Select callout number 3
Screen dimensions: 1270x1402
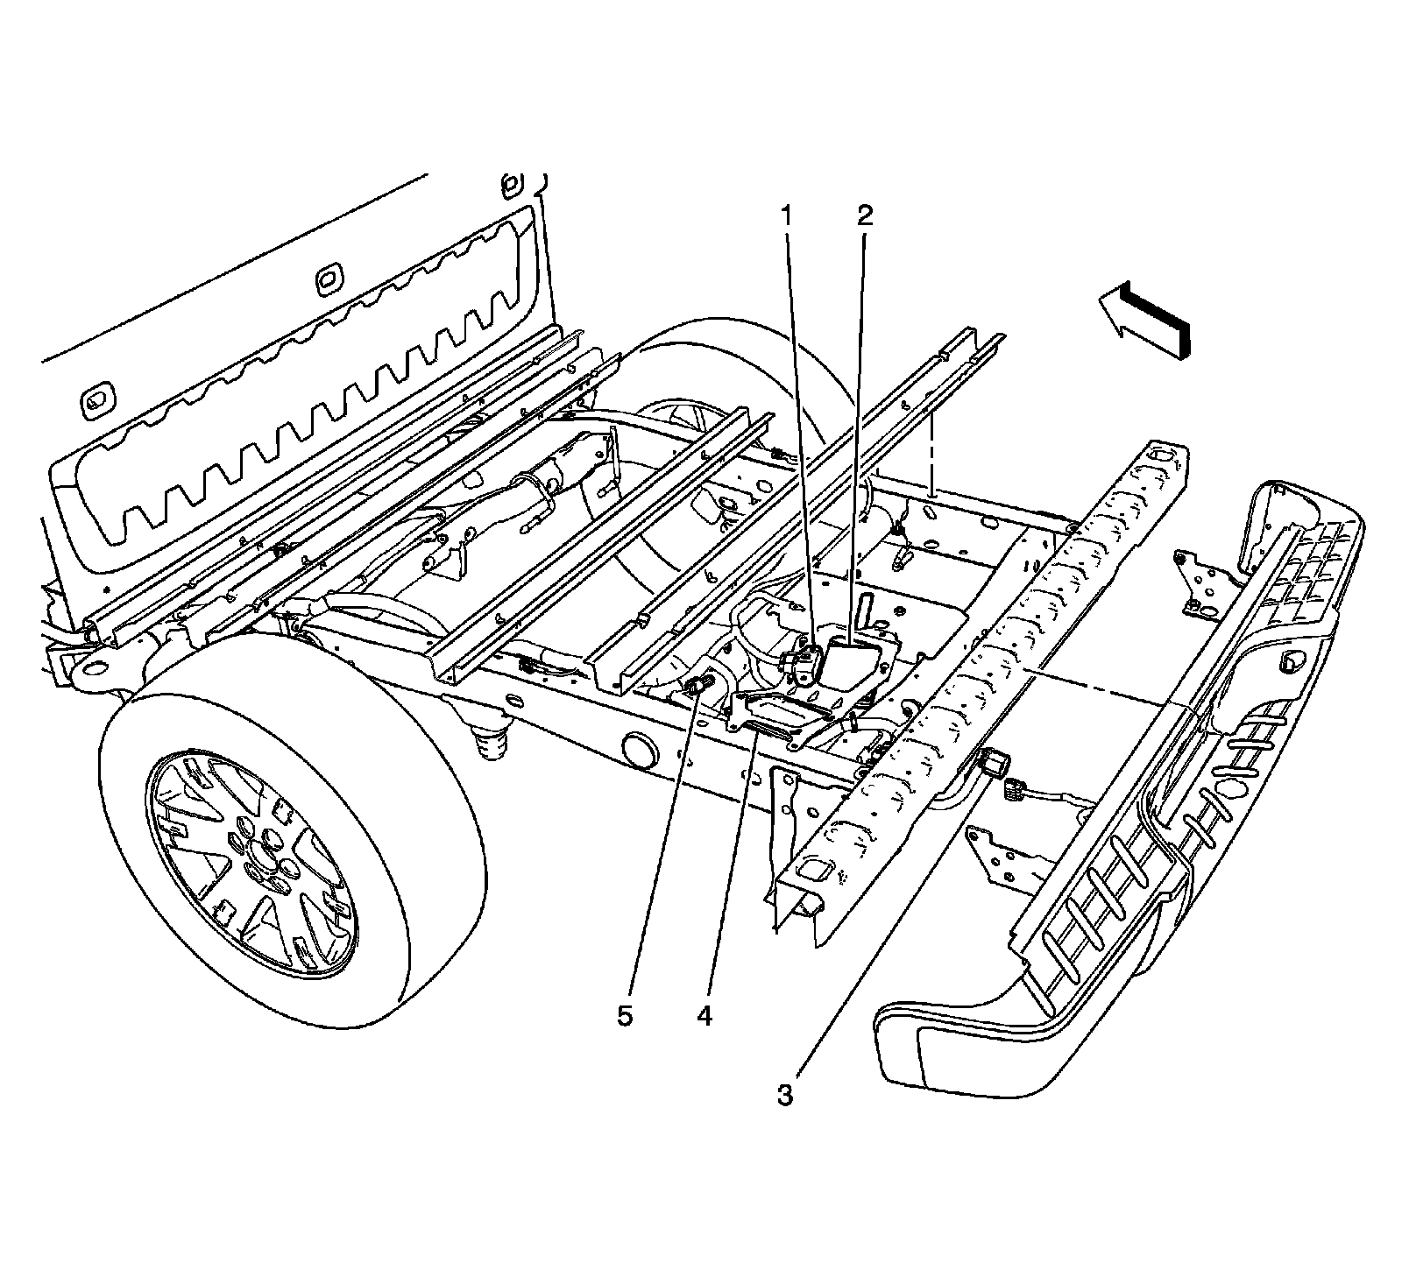tap(784, 1095)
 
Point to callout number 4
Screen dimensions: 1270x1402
tap(704, 1016)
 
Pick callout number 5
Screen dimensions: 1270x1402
tap(624, 1016)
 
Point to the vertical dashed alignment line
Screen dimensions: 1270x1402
tap(933, 455)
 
